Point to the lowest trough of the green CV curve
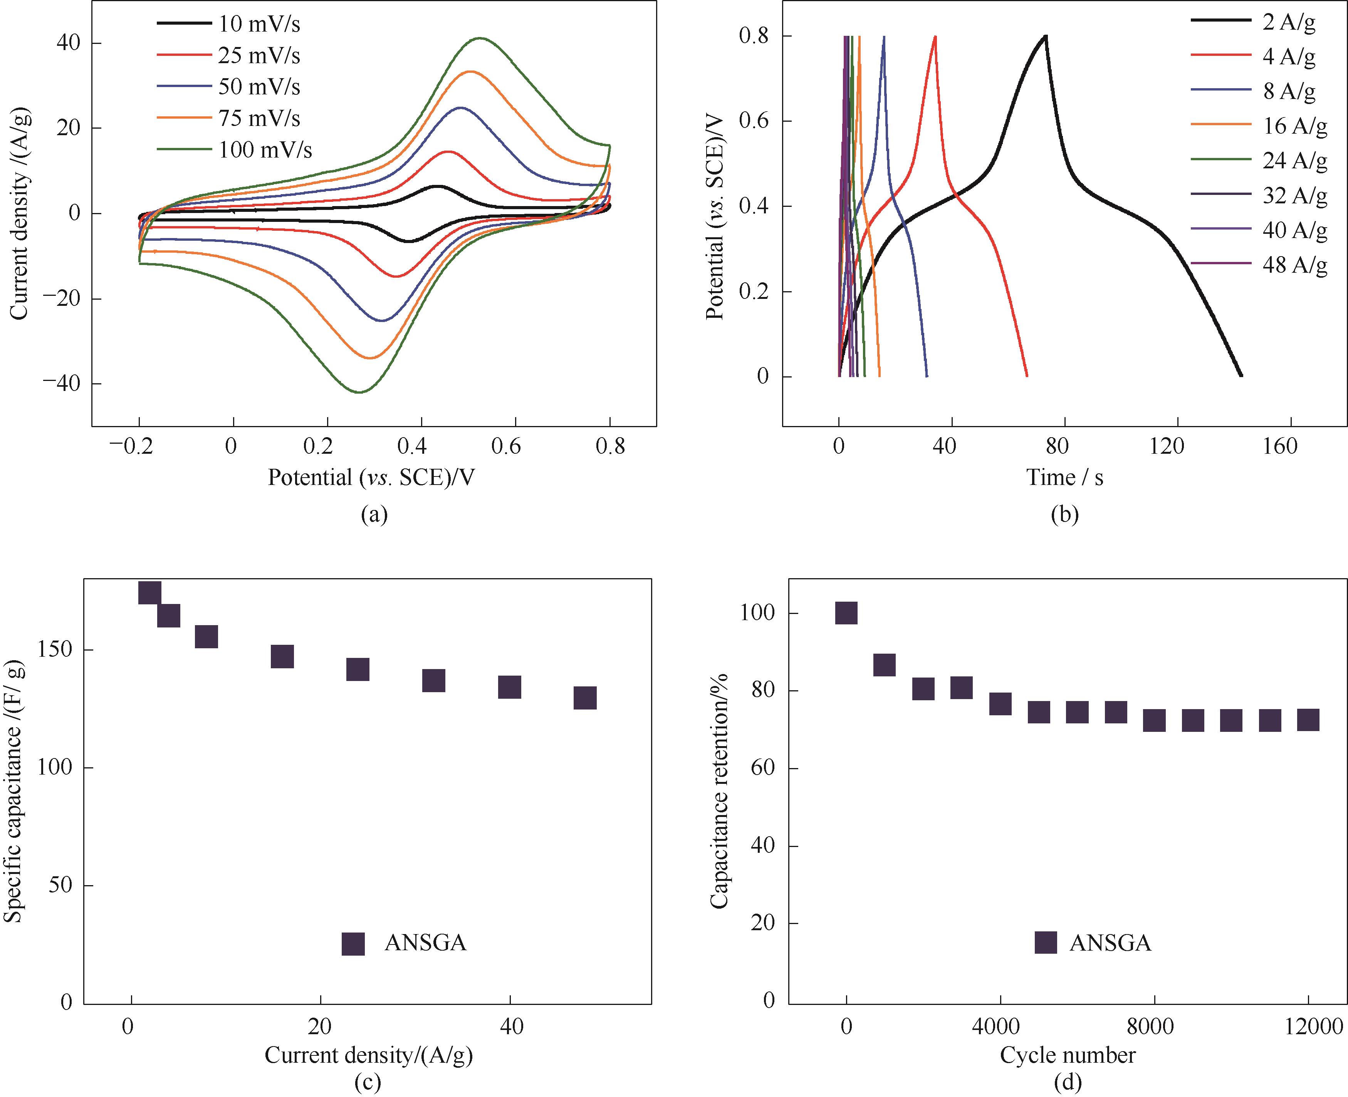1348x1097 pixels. tap(359, 393)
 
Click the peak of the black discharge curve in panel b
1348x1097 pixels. tap(1046, 36)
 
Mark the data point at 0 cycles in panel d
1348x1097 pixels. tap(846, 612)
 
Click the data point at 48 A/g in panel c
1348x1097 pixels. tap(585, 698)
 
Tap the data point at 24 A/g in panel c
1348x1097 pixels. tap(358, 669)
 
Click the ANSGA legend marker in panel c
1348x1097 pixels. tap(353, 943)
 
